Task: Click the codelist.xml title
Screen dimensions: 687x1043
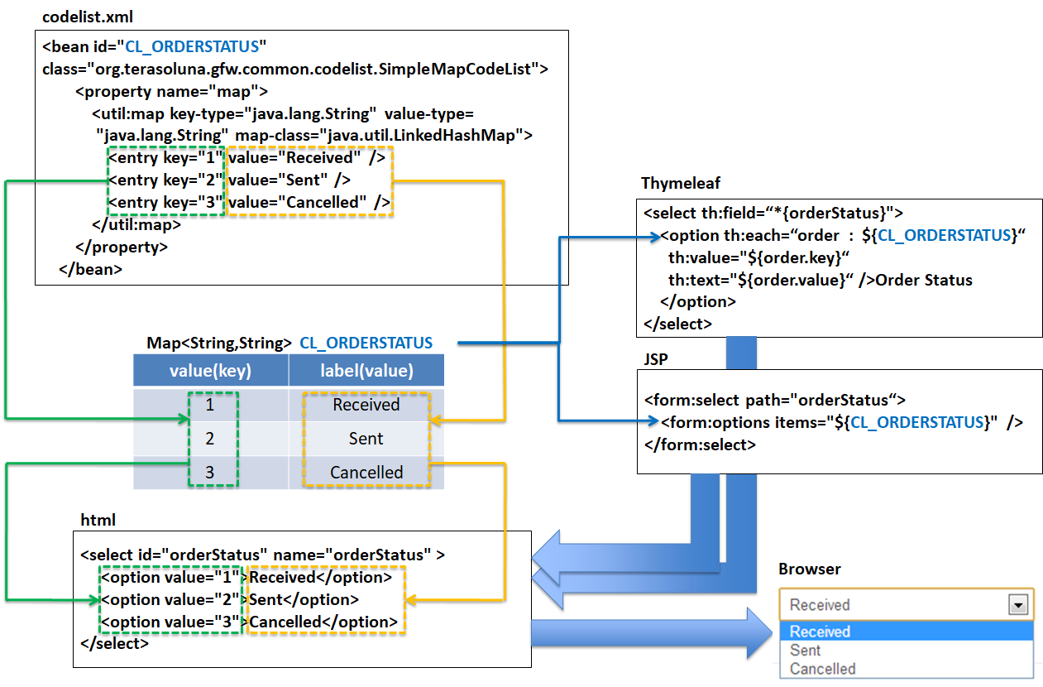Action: pos(87,17)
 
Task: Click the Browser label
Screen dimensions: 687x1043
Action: pos(809,569)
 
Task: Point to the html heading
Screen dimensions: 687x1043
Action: pos(98,520)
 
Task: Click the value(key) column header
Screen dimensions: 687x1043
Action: pos(210,371)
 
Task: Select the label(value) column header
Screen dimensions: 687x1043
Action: pos(366,371)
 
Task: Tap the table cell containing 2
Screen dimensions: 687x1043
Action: pos(210,439)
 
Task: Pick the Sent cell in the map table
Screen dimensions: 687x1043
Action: pos(366,439)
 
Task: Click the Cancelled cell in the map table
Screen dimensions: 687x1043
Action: pos(366,473)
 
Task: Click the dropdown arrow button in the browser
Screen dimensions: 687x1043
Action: pos(1017,605)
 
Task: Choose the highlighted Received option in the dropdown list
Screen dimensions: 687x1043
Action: pos(820,632)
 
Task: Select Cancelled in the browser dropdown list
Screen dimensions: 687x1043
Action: pos(822,669)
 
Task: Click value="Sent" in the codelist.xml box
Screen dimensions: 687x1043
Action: pos(289,180)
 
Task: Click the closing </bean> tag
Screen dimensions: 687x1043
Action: pos(91,268)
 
